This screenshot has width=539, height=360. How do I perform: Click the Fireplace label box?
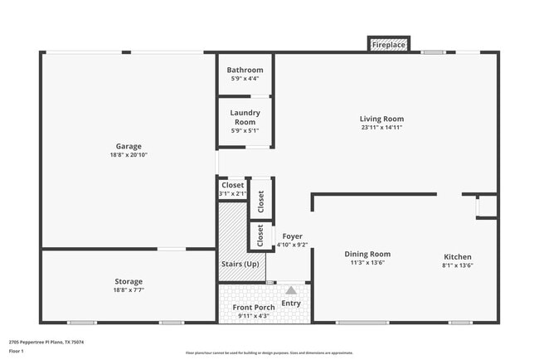tap(388, 43)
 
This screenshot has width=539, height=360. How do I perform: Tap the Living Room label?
tap(381, 119)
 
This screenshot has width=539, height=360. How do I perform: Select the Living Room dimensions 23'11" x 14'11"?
tap(381, 128)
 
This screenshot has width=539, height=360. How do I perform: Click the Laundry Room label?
tap(245, 116)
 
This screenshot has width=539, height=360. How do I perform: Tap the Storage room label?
tap(128, 281)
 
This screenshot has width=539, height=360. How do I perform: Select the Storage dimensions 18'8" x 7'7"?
tap(128, 290)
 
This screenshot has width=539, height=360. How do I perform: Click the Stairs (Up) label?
tap(239, 264)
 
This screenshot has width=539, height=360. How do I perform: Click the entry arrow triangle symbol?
tap(291, 290)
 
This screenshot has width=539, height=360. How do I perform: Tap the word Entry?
tap(291, 303)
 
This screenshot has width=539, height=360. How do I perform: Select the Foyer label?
tap(291, 236)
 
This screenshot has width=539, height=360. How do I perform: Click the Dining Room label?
tap(367, 254)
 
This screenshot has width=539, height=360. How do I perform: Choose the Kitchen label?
tap(457, 257)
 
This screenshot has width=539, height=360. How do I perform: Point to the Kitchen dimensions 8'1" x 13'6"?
tap(457, 266)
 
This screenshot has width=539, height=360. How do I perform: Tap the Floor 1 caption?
tap(17, 351)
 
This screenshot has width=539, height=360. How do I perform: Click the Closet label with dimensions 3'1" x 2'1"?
tap(233, 185)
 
